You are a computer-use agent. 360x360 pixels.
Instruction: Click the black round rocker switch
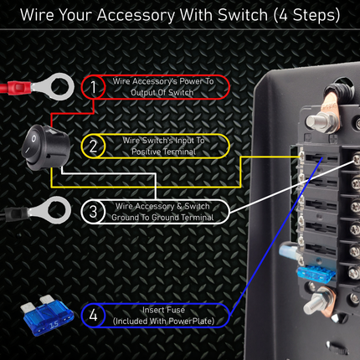(45, 147)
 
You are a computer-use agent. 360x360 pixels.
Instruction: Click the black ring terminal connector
(35, 211)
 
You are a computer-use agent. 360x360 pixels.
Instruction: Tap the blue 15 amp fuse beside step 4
(47, 316)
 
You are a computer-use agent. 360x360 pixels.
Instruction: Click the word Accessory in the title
(136, 16)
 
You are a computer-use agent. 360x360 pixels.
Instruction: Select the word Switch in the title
(243, 15)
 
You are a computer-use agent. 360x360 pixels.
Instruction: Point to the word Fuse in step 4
(174, 310)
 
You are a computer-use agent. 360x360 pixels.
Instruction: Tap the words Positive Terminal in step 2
(164, 152)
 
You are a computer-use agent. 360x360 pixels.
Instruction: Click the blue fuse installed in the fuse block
(316, 274)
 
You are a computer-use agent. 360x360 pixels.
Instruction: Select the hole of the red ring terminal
(59, 86)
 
